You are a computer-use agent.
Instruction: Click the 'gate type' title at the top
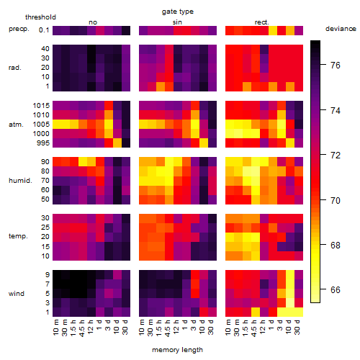click(x=178, y=12)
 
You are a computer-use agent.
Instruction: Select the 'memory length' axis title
click(x=177, y=350)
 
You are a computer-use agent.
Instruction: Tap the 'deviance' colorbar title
click(x=341, y=29)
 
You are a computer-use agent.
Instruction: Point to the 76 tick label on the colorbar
click(x=336, y=66)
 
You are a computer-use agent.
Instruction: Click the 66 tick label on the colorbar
click(x=336, y=290)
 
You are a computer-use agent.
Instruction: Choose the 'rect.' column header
click(x=262, y=22)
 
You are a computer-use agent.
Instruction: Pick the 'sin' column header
click(x=177, y=22)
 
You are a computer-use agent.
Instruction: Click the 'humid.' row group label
click(x=20, y=181)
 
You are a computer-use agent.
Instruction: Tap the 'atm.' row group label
click(x=16, y=125)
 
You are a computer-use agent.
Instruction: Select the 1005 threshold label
click(x=41, y=125)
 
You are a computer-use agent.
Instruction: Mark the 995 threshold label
click(x=43, y=143)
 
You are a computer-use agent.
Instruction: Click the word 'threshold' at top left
click(x=40, y=17)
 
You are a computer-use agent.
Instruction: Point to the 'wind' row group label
click(x=17, y=294)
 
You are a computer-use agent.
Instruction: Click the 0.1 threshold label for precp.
click(x=44, y=30)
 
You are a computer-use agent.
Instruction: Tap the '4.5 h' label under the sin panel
click(x=168, y=328)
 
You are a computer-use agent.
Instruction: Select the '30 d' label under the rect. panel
click(x=297, y=328)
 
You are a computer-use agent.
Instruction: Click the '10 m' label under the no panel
click(x=55, y=328)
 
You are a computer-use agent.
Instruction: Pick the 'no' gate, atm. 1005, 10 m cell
click(x=57, y=125)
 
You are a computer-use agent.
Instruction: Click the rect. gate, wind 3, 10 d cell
click(x=290, y=303)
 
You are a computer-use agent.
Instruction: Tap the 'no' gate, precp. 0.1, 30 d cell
click(x=126, y=30)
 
